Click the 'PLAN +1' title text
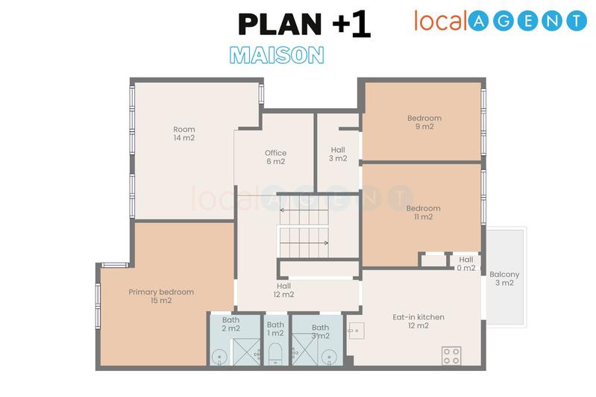tap(304, 24)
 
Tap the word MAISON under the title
tap(276, 54)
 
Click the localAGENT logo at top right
tap(501, 20)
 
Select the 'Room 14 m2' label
tap(183, 134)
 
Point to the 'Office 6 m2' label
tap(275, 157)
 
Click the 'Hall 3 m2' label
tap(338, 154)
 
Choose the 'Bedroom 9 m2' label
tap(424, 122)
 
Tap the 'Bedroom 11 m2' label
tap(424, 213)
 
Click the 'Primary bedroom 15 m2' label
tap(161, 296)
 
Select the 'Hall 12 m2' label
tap(283, 290)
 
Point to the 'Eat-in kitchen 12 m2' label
tap(418, 321)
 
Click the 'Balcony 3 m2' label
tap(505, 278)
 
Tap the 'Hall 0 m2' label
tap(466, 263)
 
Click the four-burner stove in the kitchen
tap(451, 355)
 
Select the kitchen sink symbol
tap(354, 329)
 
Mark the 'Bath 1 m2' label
tap(275, 329)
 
